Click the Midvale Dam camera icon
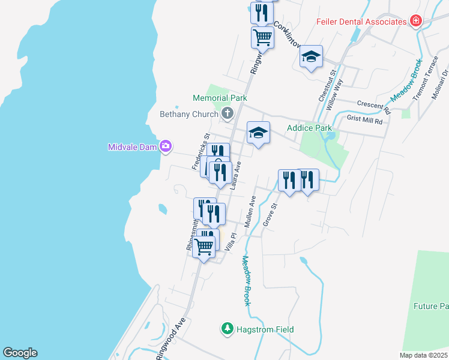[166, 146]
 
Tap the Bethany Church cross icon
[228, 113]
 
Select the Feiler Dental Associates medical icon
[415, 21]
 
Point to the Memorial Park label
[220, 98]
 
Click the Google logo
[20, 353]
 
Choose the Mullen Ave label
[249, 211]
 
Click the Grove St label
[269, 215]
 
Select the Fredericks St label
[200, 151]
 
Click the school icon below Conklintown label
[311, 57]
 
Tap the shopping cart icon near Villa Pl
[204, 245]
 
